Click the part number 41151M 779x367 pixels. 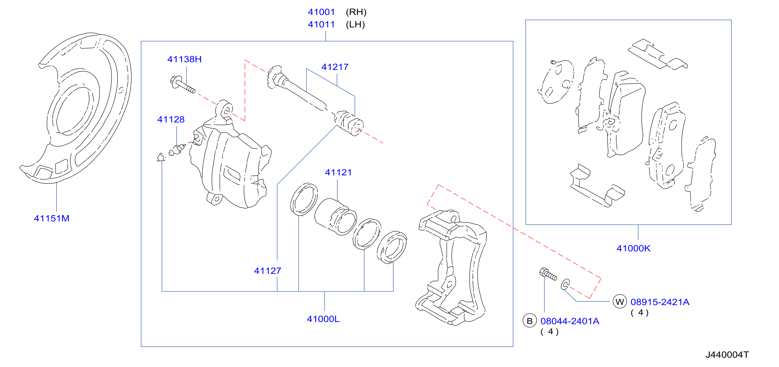pos(52,218)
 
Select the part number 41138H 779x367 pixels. pos(184,59)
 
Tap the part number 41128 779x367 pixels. pos(171,119)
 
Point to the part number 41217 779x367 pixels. pos(335,67)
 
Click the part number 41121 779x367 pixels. pos(338,172)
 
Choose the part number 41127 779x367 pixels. pos(268,271)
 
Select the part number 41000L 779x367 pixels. pos(323,319)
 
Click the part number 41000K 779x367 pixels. pos(634,248)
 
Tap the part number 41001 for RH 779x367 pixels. pos(321,12)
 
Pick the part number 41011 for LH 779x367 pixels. pos(321,24)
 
